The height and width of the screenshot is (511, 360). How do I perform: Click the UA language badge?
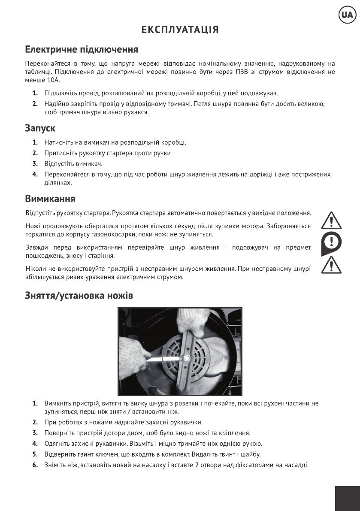point(347,16)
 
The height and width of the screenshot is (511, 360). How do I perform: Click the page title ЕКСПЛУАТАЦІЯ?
point(180,30)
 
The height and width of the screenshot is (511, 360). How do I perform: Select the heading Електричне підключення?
point(81,49)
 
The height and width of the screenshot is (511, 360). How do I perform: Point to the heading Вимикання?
point(50,199)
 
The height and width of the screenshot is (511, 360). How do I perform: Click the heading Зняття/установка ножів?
point(79,296)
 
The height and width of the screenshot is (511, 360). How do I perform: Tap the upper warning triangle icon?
point(331,220)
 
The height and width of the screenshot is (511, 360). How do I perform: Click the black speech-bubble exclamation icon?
point(331,243)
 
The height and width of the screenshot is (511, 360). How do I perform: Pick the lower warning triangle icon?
point(331,265)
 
